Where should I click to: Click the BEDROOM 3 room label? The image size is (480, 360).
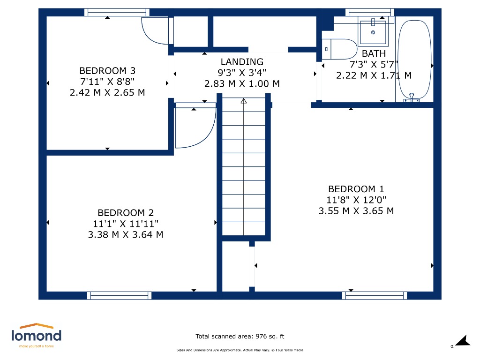coord(107,71)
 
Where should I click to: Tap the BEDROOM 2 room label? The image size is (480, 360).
coord(126,213)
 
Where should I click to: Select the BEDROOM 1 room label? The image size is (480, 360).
coord(356,189)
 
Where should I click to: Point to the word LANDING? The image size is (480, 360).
coord(242,62)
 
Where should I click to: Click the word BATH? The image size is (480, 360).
coord(374,53)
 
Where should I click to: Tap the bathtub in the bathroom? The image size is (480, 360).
coord(414,60)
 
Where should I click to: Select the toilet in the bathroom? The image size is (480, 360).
coord(339,49)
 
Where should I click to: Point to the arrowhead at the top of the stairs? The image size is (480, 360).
coord(244,101)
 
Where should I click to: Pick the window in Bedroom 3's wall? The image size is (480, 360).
coord(117,12)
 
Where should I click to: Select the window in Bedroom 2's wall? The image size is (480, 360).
coord(119,295)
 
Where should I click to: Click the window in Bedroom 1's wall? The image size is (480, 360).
coord(375,295)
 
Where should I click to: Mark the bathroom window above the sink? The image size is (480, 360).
coord(370,12)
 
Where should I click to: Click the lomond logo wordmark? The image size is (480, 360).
coord(37,335)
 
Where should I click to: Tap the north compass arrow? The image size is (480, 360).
coord(463,341)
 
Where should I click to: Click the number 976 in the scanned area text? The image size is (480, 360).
coord(261,337)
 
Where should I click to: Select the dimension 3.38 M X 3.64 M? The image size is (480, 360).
coord(126,234)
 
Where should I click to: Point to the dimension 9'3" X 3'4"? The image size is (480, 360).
coord(242,73)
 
